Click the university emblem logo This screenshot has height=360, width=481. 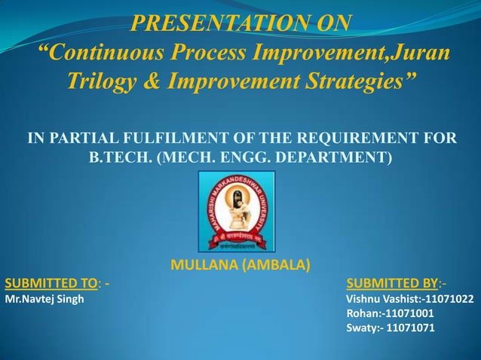click(236, 212)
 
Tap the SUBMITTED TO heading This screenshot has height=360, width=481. click(53, 284)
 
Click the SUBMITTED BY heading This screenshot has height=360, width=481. click(392, 284)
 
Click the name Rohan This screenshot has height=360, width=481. click(363, 313)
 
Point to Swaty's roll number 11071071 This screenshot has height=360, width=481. click(409, 328)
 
